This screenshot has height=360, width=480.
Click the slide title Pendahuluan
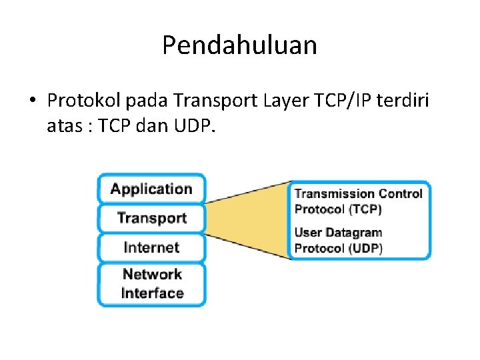tap(239, 45)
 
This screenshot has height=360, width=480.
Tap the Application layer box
tap(151, 189)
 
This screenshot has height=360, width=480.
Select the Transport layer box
tap(151, 218)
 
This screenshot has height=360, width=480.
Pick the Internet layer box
tap(151, 247)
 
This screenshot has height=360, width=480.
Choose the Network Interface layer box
tap(151, 283)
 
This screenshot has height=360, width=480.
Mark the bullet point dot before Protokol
tap(31, 102)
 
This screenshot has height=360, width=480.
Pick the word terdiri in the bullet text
tap(405, 101)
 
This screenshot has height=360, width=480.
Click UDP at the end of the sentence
tap(193, 125)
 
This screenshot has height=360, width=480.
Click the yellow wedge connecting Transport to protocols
tap(253, 219)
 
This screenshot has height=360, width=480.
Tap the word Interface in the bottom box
tap(152, 293)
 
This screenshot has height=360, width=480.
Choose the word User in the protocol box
tap(308, 233)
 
